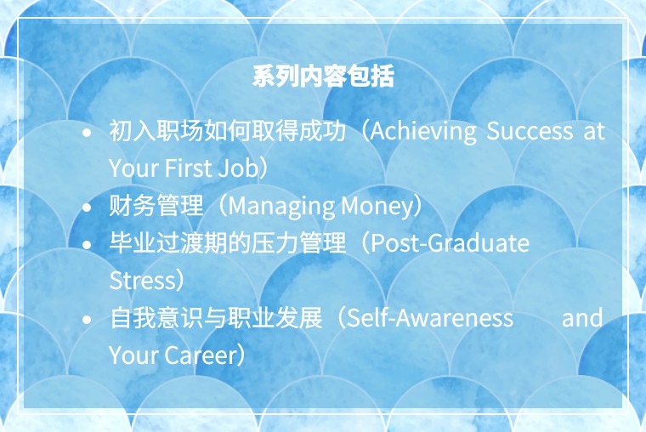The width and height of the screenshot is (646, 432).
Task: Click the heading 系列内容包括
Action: [323, 76]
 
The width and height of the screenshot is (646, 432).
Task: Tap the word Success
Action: [530, 131]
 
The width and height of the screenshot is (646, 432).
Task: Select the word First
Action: [188, 168]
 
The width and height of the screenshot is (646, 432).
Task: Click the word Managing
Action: [281, 207]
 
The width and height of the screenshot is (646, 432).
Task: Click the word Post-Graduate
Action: [450, 243]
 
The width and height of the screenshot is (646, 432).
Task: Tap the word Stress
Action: [143, 281]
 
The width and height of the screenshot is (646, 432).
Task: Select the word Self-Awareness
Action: [430, 318]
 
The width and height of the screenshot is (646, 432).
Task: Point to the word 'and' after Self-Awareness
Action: [582, 318]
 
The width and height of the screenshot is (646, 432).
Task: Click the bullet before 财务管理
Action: [87, 207]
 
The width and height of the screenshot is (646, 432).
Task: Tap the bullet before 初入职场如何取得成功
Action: [87, 133]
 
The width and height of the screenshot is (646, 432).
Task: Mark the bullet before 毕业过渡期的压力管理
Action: [87, 244]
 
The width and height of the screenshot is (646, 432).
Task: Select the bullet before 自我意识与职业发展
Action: [87, 319]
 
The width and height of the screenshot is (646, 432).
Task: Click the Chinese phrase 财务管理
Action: [156, 205]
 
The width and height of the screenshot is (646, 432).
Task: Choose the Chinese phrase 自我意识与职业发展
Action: [216, 317]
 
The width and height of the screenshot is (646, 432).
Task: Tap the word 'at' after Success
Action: [594, 132]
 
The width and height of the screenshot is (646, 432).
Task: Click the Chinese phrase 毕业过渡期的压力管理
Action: [228, 243]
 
